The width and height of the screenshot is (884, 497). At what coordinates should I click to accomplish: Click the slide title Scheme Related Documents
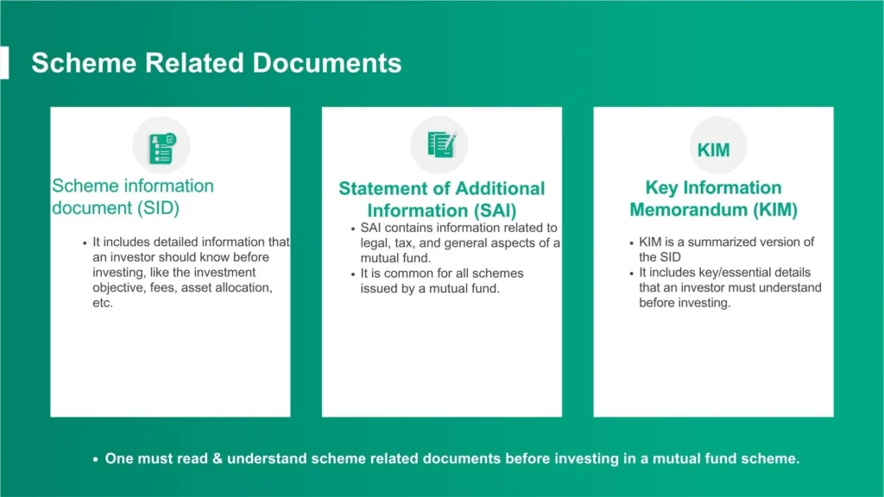point(217,62)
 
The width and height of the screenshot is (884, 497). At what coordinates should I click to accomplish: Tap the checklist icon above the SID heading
point(162,148)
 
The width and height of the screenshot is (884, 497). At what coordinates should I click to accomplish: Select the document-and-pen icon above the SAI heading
point(441,145)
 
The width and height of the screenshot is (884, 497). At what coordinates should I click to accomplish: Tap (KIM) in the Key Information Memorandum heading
point(775,210)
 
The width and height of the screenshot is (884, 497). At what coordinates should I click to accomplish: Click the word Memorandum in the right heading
point(688,210)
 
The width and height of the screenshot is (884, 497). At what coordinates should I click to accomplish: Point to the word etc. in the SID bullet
point(103,303)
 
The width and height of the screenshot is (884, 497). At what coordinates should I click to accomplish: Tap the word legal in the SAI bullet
point(373,243)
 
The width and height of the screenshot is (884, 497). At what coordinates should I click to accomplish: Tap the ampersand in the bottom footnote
point(218,459)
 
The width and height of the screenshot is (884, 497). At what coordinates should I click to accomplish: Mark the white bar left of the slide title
point(4,62)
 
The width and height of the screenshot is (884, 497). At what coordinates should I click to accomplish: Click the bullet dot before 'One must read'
point(95,460)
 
